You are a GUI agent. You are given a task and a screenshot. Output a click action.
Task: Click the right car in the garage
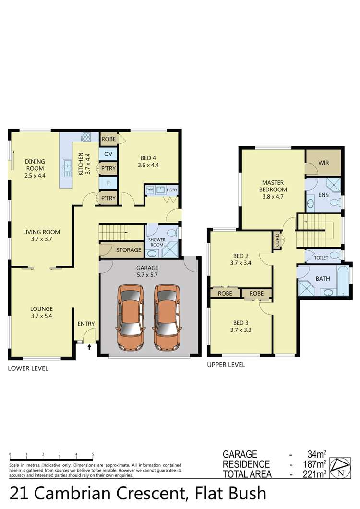(x=166, y=318)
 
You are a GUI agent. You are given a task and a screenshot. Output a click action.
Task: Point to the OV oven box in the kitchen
(x=107, y=154)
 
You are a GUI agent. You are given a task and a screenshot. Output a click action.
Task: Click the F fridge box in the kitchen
(x=107, y=183)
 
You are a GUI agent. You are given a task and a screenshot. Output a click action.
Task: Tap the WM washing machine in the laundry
(x=150, y=190)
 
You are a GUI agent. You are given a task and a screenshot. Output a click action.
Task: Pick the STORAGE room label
(x=128, y=250)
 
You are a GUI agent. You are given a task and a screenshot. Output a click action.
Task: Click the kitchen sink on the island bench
(x=66, y=167)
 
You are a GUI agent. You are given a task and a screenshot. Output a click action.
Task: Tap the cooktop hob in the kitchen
(x=87, y=137)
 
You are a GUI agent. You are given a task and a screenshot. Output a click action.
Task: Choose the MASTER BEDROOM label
(x=273, y=186)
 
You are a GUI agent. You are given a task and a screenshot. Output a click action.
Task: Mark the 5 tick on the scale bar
(x=93, y=454)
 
